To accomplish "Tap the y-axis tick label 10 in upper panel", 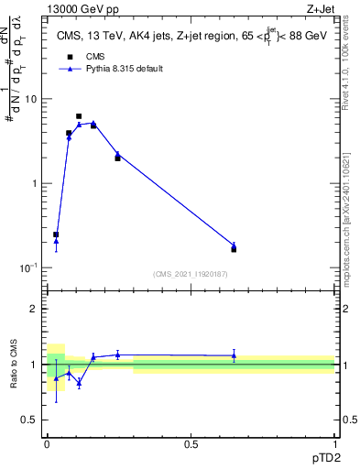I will click(30, 99).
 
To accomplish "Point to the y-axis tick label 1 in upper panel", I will click(34, 183).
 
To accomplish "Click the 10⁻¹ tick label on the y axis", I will click(28, 267).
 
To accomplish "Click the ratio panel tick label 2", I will click(34, 309).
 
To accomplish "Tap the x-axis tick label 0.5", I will click(191, 444).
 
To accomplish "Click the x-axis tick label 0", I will click(47, 444).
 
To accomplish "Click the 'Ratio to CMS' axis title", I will click(13, 379).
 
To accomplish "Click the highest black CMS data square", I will click(79, 116).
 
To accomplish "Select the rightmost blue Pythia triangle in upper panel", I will click(234, 245).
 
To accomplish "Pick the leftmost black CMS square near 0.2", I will click(56, 234).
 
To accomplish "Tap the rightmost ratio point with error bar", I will click(234, 355).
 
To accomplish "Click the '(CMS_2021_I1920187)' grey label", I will click(191, 274).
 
